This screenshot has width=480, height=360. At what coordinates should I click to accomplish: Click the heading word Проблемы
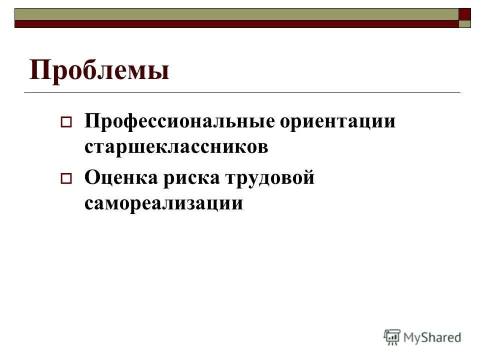[x=99, y=70]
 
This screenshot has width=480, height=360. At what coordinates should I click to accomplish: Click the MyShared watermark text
[x=432, y=337]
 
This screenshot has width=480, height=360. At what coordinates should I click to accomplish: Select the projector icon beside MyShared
[x=392, y=337]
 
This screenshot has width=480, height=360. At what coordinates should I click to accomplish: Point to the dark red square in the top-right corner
[x=465, y=13]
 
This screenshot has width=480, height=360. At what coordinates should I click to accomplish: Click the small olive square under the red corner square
[x=465, y=23]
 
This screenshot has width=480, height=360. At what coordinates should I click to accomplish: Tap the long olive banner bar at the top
[x=235, y=13]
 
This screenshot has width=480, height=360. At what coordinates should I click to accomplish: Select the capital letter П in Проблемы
[x=40, y=70]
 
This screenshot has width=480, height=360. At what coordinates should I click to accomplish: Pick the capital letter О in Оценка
[x=92, y=178]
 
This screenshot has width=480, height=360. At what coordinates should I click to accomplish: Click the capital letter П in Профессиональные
[x=92, y=122]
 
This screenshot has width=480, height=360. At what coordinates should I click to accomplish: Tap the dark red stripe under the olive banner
[x=235, y=23]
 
